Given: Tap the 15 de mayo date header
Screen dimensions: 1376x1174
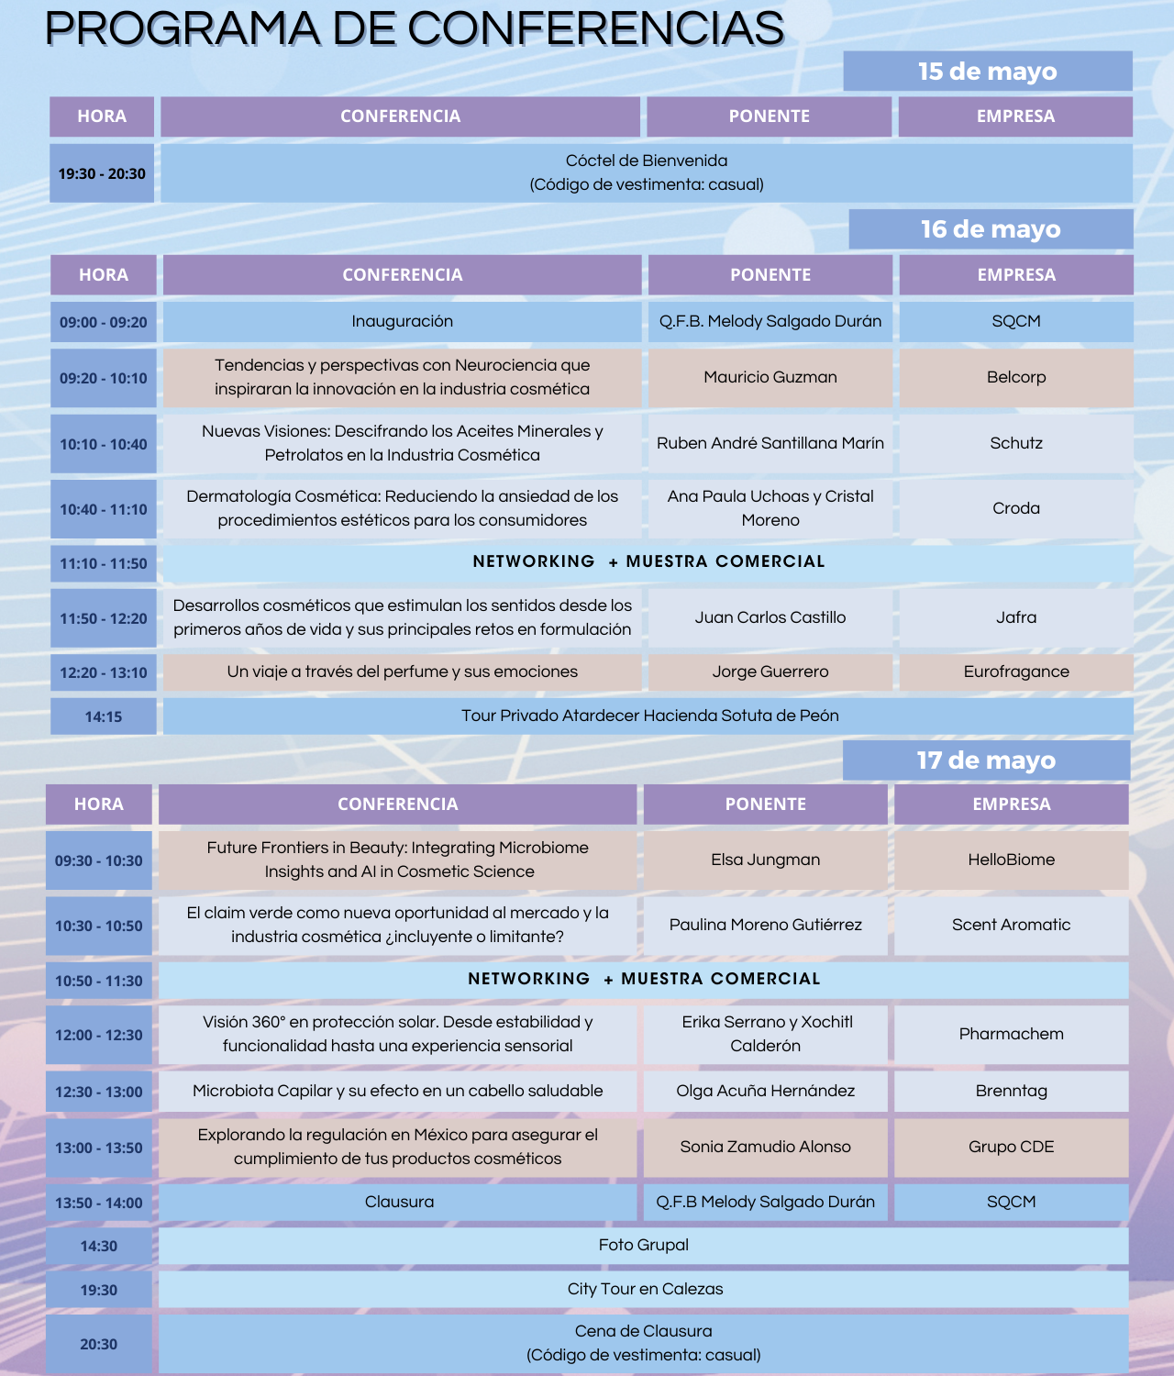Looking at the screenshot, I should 987,72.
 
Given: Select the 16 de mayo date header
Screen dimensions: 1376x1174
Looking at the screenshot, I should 991,229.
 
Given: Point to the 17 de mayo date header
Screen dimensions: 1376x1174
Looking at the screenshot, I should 986,760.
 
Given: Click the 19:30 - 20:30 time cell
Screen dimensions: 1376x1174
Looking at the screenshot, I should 102,173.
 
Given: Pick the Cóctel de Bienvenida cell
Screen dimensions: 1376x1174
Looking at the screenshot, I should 646,172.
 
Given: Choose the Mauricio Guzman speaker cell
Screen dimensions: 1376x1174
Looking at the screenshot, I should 770,377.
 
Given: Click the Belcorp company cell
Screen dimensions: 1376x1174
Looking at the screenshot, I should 1015,377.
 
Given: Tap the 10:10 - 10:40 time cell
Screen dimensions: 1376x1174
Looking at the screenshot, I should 104,444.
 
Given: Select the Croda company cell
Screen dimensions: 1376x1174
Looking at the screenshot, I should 1015,508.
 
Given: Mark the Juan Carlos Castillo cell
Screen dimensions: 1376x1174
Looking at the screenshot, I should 770,617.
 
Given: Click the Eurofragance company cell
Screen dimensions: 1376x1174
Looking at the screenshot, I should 1015,671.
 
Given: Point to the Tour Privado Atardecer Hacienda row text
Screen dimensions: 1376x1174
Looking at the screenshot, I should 649,716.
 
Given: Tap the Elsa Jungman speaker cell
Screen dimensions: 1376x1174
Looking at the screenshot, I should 765,860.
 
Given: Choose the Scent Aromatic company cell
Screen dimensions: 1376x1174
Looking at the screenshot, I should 1011,925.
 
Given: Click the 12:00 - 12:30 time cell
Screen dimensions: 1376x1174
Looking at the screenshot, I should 99,1035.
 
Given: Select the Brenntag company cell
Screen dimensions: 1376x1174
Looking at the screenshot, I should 1011,1091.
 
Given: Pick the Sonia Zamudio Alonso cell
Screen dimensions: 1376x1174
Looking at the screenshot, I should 765,1147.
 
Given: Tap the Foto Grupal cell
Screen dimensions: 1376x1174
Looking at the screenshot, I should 643,1245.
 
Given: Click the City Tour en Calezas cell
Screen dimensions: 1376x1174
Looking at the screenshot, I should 645,1289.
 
